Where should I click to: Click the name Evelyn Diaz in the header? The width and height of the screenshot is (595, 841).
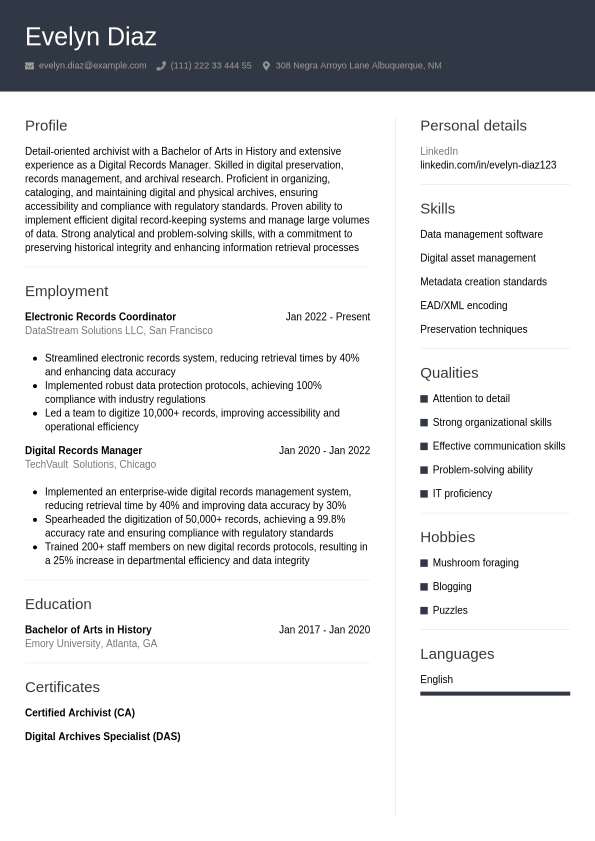pyautogui.click(x=91, y=37)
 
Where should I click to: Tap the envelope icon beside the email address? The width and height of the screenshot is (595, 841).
pyautogui.click(x=30, y=66)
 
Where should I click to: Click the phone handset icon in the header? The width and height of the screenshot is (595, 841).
pyautogui.click(x=161, y=66)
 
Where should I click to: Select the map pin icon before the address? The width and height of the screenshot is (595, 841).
pyautogui.click(x=266, y=66)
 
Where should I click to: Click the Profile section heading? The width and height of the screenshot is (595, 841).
pyautogui.click(x=46, y=125)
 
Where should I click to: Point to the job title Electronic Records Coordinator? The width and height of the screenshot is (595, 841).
pyautogui.click(x=100, y=317)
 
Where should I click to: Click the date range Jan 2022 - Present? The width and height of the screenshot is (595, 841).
pyautogui.click(x=327, y=317)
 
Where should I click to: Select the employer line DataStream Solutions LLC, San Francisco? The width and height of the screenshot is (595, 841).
pyautogui.click(x=118, y=330)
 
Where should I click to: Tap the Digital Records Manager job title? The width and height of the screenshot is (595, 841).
pyautogui.click(x=83, y=451)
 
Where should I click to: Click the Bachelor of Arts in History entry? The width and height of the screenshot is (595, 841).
pyautogui.click(x=88, y=630)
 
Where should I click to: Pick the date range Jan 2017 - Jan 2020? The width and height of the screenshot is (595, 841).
pyautogui.click(x=324, y=630)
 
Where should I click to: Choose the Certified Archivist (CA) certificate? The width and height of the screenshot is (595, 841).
pyautogui.click(x=79, y=713)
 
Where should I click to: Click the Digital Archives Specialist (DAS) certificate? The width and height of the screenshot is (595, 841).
pyautogui.click(x=102, y=737)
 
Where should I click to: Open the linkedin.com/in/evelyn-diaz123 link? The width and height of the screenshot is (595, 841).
pyautogui.click(x=488, y=165)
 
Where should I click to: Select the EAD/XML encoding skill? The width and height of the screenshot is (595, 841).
pyautogui.click(x=463, y=306)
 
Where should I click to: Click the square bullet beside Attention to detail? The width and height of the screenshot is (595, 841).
pyautogui.click(x=424, y=399)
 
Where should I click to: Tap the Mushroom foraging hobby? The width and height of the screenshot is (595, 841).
pyautogui.click(x=475, y=563)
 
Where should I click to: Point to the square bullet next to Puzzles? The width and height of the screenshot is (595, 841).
pyautogui.click(x=424, y=610)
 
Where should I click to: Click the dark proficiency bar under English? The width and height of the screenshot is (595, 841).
pyautogui.click(x=495, y=693)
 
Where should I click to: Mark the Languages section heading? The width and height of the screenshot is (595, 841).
pyautogui.click(x=457, y=654)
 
